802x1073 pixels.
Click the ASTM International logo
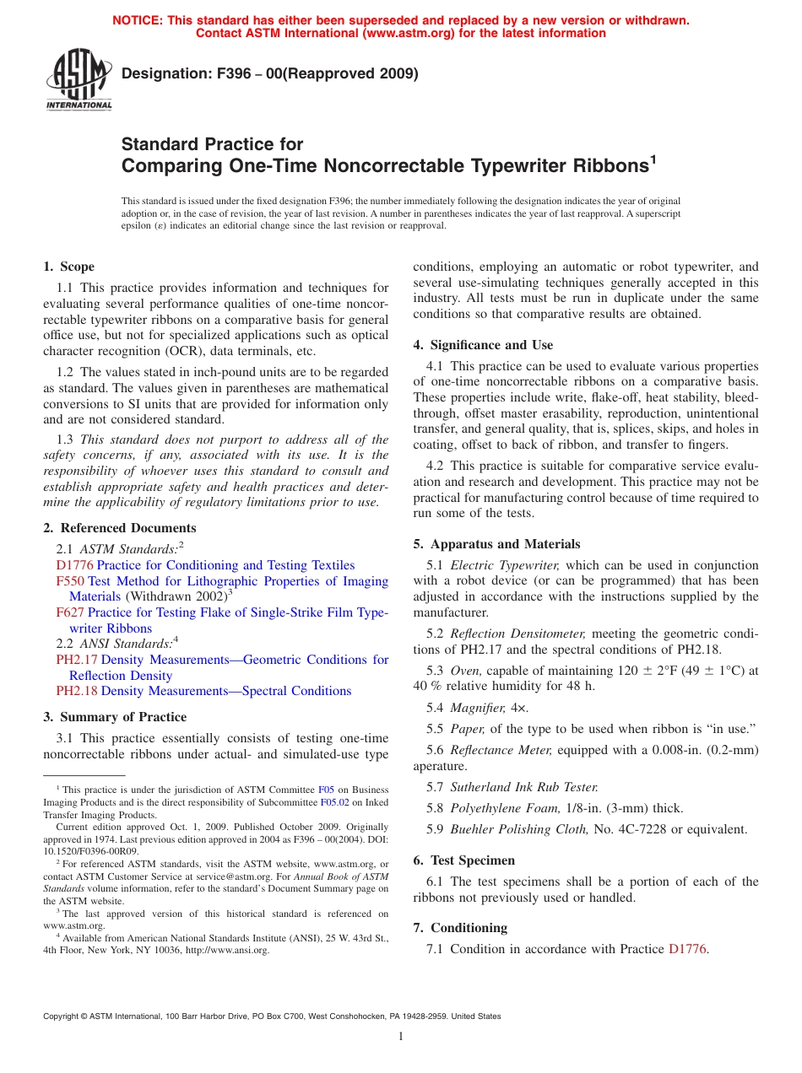click(79, 80)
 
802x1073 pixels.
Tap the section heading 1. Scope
click(68, 267)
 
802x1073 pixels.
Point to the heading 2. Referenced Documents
click(119, 528)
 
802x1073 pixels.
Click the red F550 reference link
click(70, 581)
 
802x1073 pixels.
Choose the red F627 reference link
click(70, 612)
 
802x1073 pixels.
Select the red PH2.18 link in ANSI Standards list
click(77, 691)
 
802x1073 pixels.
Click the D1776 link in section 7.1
click(686, 949)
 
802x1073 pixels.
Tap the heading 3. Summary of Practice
click(115, 717)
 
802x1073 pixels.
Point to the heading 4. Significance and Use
click(483, 345)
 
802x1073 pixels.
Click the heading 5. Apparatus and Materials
click(496, 544)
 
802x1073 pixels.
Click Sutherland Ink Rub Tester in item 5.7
click(524, 787)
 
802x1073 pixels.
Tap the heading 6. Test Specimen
click(463, 860)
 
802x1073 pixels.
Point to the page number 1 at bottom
click(401, 1037)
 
